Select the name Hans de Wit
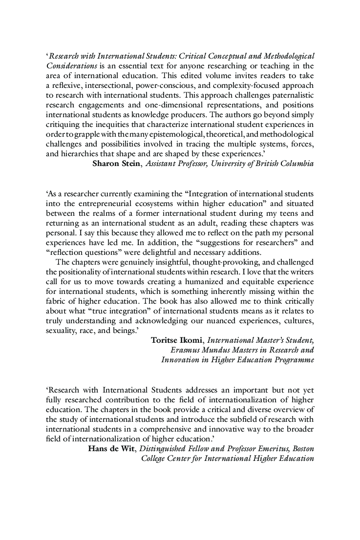(109, 449)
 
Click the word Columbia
(295, 164)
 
